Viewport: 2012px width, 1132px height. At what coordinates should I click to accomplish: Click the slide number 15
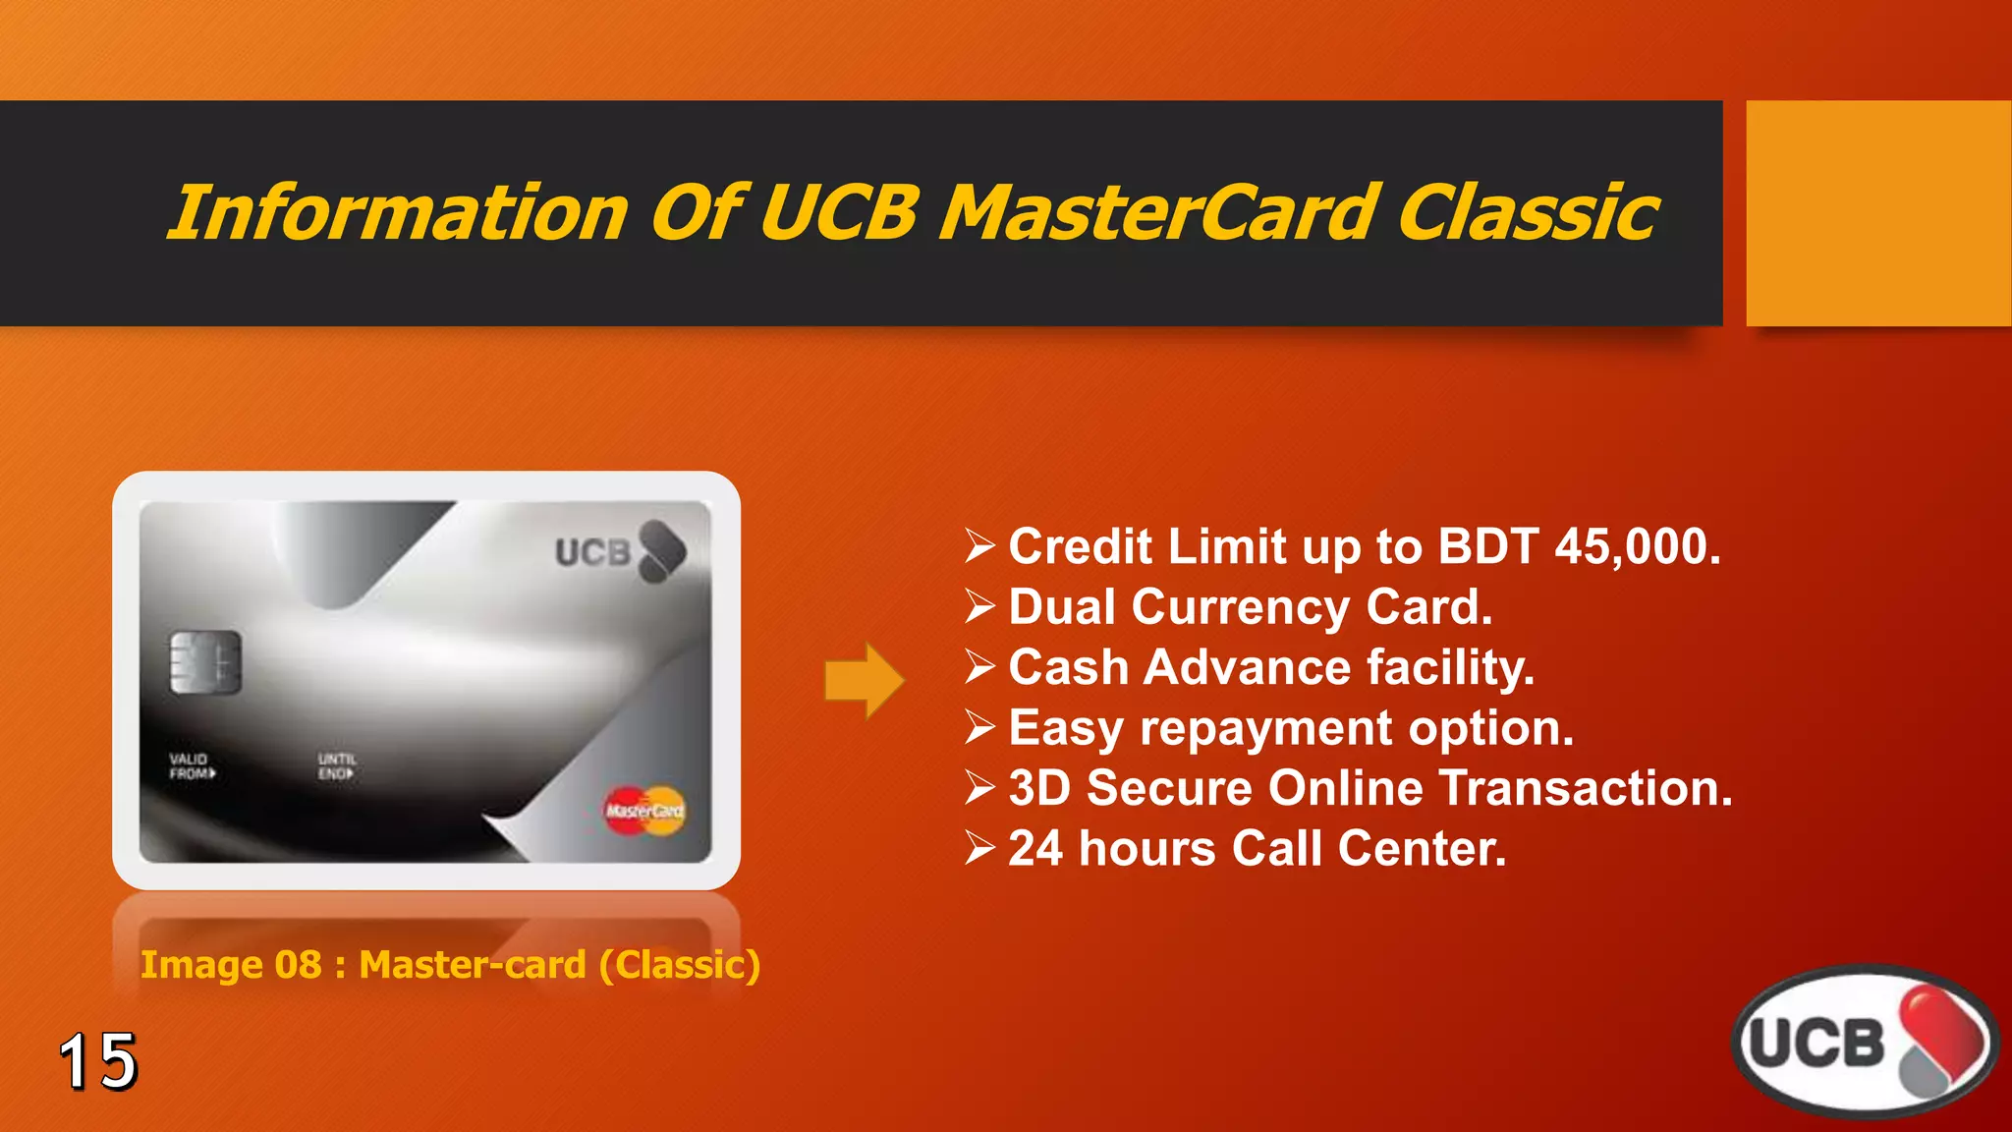[x=98, y=1061]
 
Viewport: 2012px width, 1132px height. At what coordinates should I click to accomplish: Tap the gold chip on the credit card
[x=204, y=662]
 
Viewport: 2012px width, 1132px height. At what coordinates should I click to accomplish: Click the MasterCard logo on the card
[x=644, y=811]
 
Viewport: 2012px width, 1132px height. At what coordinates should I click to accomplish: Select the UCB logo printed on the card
[x=619, y=551]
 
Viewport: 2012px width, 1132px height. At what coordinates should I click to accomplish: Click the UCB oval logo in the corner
[x=1864, y=1042]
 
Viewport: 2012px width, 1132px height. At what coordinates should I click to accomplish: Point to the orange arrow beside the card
[x=864, y=680]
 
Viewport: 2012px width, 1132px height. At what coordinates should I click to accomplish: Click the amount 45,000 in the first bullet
[x=1637, y=546]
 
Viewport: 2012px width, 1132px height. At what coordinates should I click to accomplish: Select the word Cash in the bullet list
[x=1069, y=667]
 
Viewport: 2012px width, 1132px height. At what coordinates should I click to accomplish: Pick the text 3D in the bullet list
[x=1038, y=788]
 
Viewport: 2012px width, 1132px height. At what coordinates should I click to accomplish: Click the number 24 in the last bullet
[x=1035, y=848]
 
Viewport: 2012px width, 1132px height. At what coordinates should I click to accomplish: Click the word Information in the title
[x=398, y=212]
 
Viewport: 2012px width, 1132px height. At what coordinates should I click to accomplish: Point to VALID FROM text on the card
[x=192, y=766]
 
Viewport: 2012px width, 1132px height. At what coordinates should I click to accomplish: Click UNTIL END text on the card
[x=336, y=766]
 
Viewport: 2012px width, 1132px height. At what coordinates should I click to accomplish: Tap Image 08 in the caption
[x=231, y=965]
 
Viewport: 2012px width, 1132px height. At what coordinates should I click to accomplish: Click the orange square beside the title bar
[x=1877, y=212]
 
